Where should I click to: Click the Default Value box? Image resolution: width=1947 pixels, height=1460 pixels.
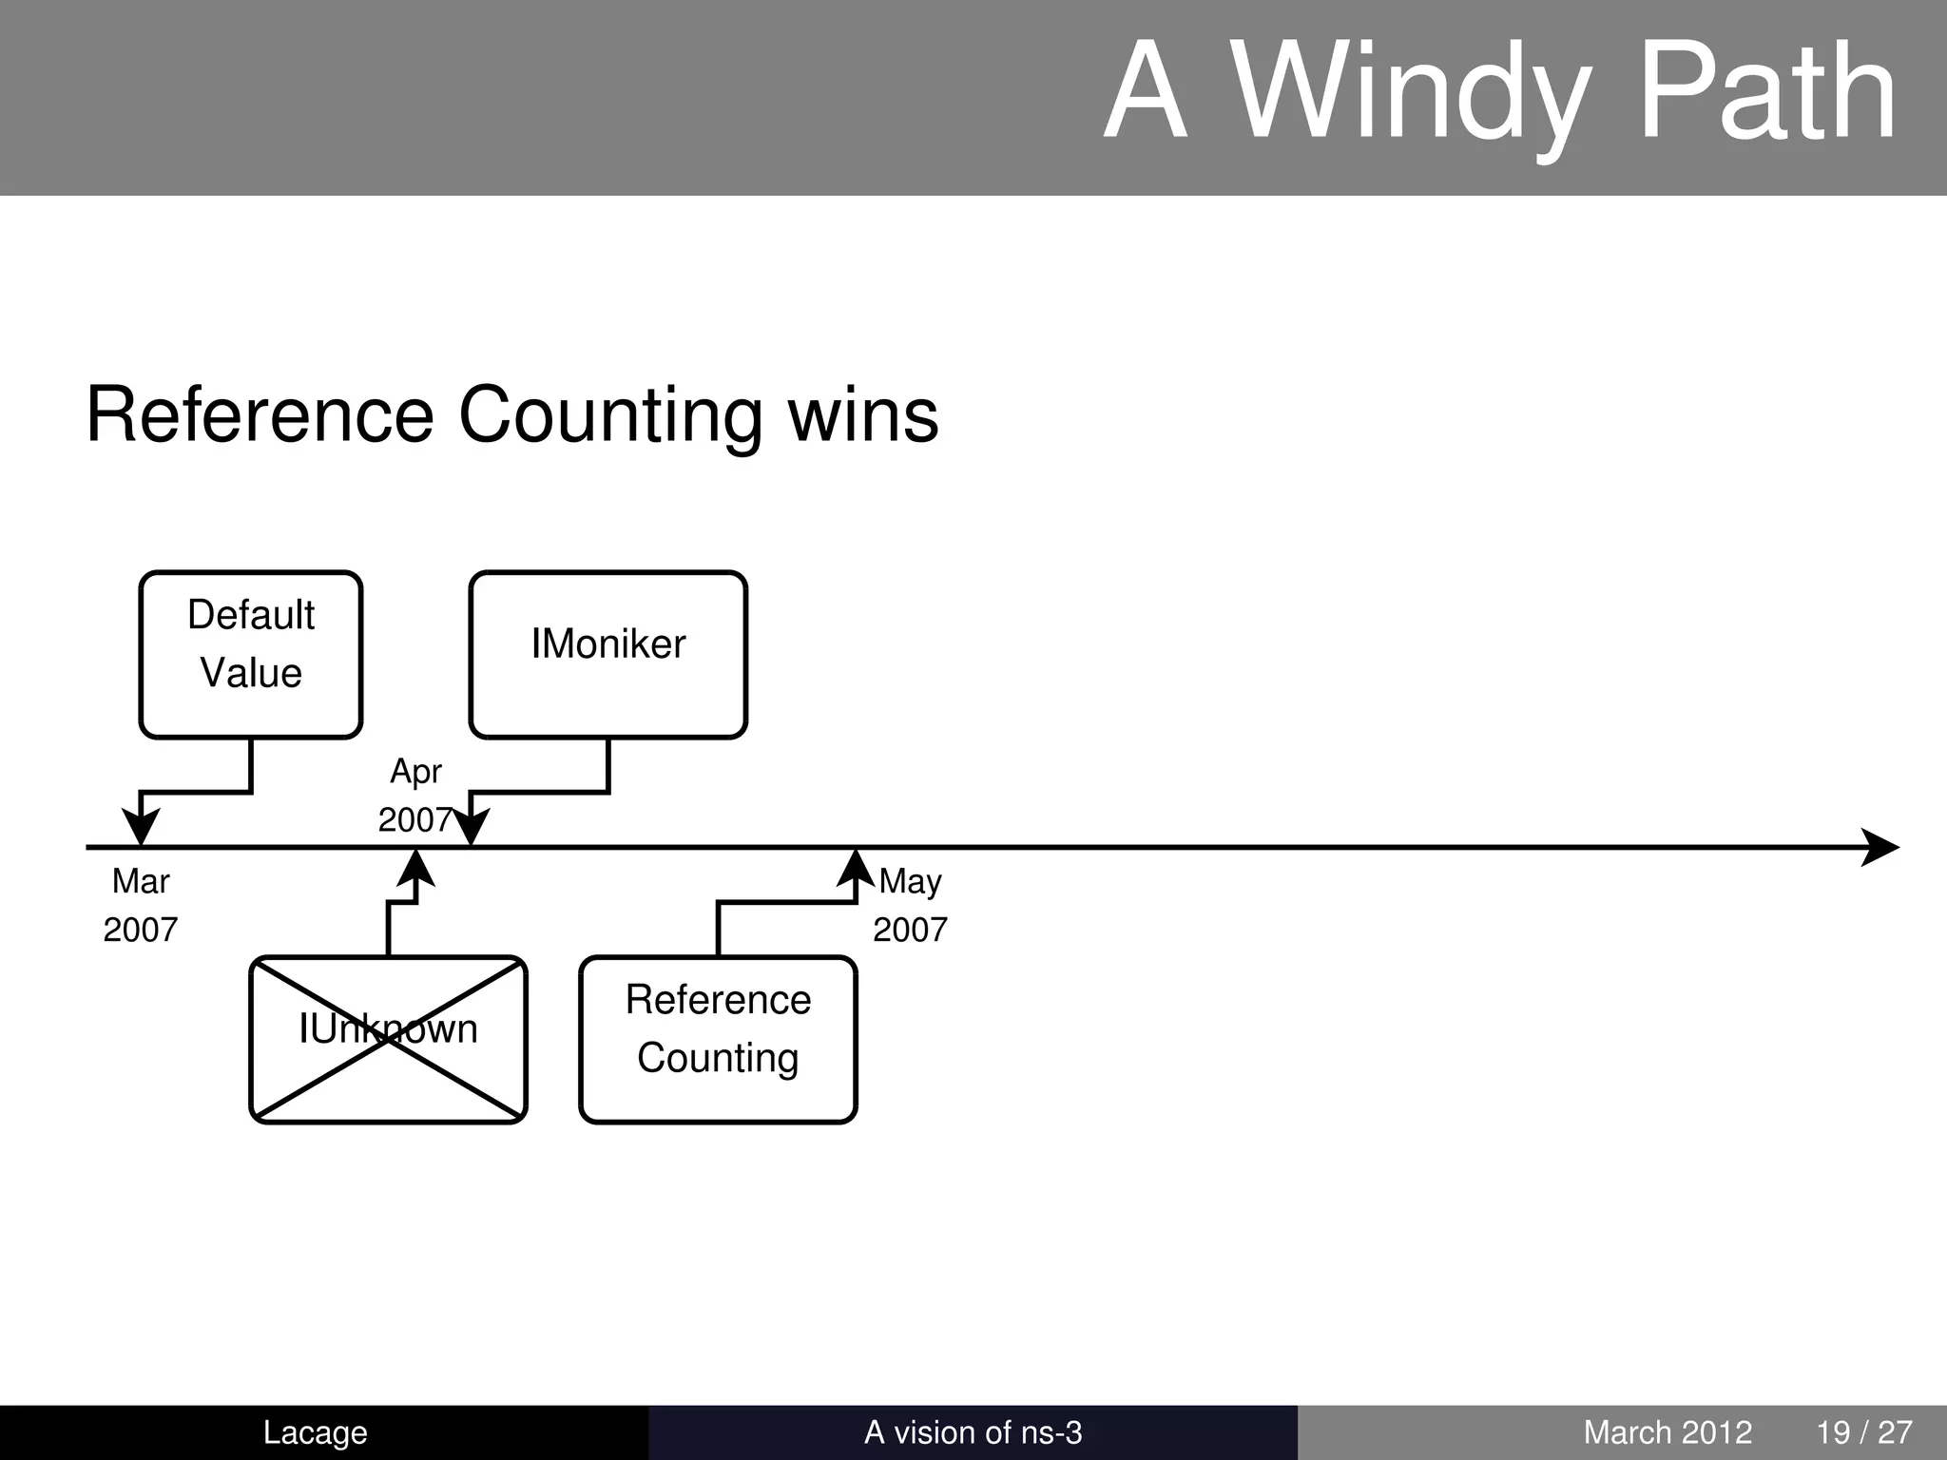point(251,654)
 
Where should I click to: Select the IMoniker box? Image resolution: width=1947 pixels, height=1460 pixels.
point(607,654)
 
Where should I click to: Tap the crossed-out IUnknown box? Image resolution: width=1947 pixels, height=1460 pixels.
point(388,1039)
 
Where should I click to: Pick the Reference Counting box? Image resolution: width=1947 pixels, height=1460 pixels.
point(718,1039)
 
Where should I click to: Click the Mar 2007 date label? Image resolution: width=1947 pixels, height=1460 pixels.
point(141,905)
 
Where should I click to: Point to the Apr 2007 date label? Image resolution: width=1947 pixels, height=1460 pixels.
point(414,796)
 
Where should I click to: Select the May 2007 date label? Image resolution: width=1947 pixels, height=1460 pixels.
point(910,905)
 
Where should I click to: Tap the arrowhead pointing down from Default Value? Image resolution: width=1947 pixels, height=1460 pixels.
point(141,826)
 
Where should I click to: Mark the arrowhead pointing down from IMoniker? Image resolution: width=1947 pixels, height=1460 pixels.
point(471,826)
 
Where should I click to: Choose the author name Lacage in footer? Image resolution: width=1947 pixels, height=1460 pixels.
point(315,1432)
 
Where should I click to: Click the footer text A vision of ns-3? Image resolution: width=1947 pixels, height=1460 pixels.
point(973,1432)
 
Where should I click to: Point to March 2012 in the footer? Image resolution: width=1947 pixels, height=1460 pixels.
point(1667,1432)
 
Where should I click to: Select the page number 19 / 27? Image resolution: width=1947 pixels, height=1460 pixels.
point(1864,1432)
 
